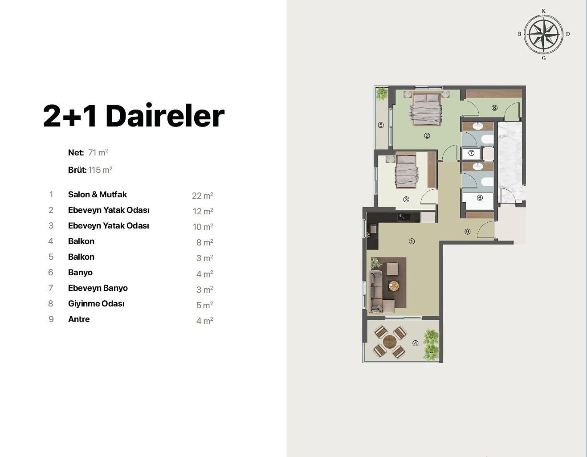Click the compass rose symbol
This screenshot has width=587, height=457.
click(x=543, y=34)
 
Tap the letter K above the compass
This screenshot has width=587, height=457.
click(x=543, y=11)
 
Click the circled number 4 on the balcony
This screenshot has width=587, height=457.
click(x=416, y=343)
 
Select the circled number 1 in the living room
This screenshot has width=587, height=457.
click(x=412, y=241)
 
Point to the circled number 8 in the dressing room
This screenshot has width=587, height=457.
click(x=494, y=108)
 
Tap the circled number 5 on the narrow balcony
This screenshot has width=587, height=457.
click(x=381, y=125)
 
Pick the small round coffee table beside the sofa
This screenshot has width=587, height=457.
click(x=394, y=286)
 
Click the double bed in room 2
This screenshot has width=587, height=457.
click(x=427, y=109)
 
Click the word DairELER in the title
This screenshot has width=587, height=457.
click(x=165, y=115)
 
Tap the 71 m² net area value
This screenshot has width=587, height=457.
click(x=98, y=152)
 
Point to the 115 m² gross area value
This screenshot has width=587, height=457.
click(x=100, y=170)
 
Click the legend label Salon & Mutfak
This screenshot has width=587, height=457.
click(x=98, y=195)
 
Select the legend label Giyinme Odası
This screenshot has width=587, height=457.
click(x=97, y=304)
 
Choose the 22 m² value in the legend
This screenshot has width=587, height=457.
click(x=203, y=195)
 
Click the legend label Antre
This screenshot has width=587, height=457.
click(x=79, y=319)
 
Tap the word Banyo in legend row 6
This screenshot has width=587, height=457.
click(x=80, y=272)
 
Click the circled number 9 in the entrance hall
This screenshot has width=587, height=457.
click(x=468, y=232)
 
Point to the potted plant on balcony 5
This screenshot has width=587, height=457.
click(x=381, y=93)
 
